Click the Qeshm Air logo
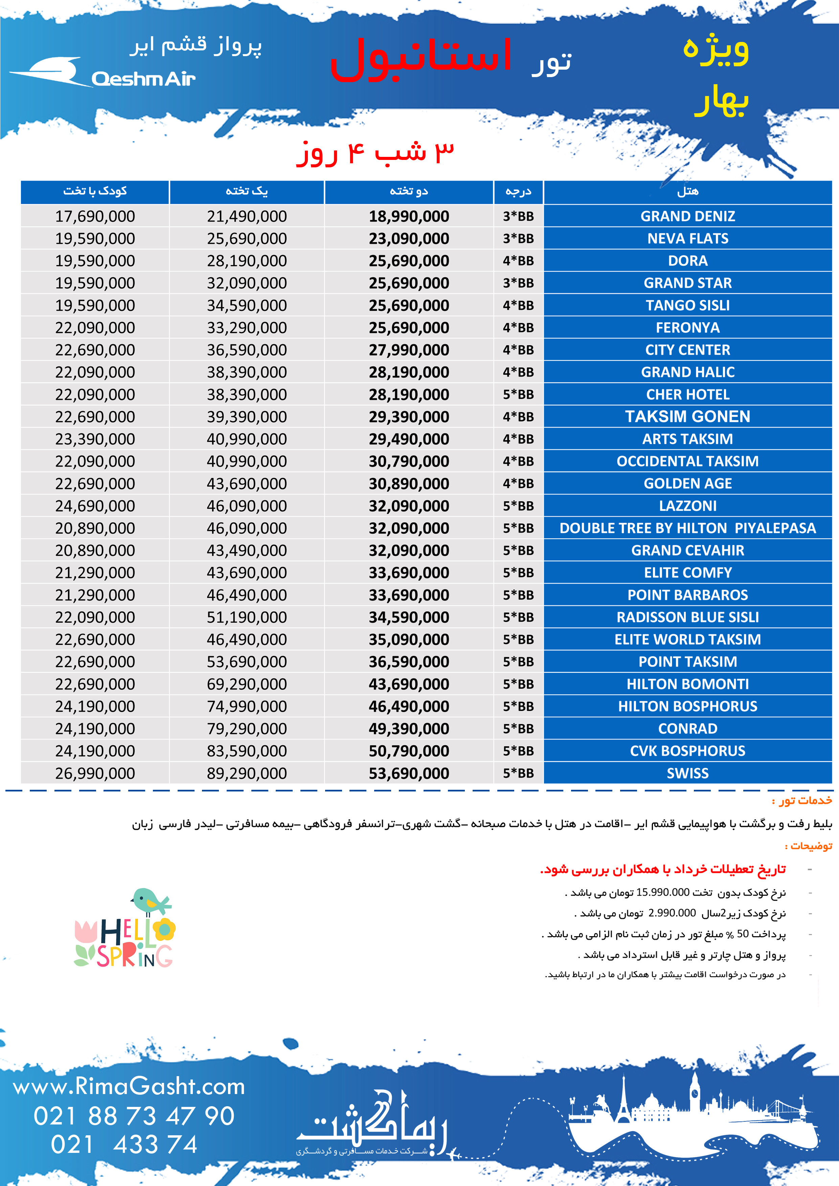[x=104, y=73]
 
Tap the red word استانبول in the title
[x=421, y=60]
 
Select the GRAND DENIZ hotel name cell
[x=687, y=216]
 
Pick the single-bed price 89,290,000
[x=247, y=773]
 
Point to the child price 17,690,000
[x=95, y=216]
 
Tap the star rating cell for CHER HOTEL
[x=518, y=395]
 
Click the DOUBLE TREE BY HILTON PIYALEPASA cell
[x=687, y=528]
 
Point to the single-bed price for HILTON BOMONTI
[x=247, y=684]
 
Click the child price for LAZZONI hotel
[x=95, y=506]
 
